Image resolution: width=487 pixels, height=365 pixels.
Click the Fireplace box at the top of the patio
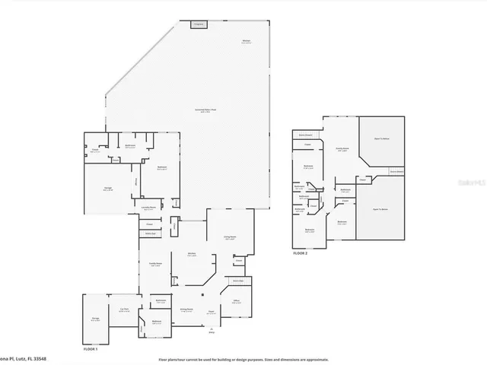199,25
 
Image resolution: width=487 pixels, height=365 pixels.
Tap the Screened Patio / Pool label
205,110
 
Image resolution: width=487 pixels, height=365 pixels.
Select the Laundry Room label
148,208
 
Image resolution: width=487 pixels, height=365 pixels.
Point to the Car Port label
123,310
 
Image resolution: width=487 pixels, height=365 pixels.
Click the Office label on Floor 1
237,302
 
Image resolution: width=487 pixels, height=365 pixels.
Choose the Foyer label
211,310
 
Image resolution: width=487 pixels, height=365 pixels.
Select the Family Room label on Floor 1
154,264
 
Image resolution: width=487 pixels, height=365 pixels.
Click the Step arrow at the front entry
211,329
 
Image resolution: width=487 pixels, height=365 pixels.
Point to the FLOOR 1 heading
91,348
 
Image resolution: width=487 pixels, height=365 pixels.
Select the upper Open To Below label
382,139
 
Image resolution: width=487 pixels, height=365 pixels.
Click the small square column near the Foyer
202,294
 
